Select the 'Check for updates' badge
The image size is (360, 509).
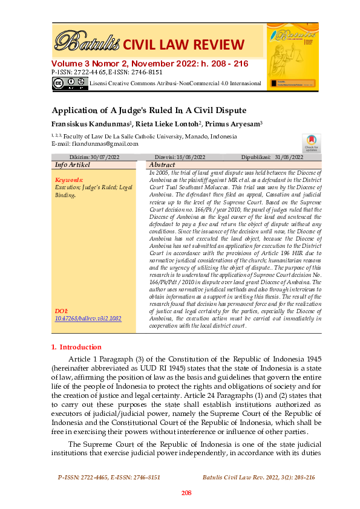(311, 143)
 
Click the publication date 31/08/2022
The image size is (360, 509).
(289, 157)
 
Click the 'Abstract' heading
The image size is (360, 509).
(162, 164)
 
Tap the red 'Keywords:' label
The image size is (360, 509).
(68, 180)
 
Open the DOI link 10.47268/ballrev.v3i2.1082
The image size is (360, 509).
(88, 317)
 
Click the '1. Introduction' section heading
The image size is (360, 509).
(76, 347)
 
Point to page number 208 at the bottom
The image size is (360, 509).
(186, 493)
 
